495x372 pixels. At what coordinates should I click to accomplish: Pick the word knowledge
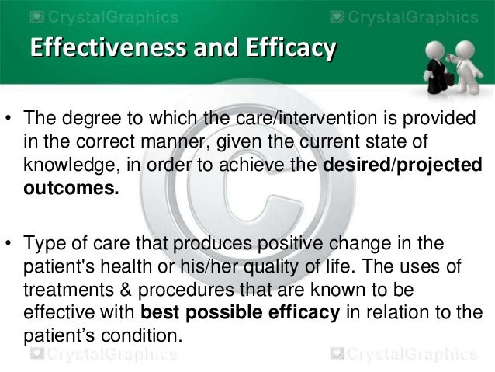click(63, 165)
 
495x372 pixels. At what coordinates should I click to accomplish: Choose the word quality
click(352, 267)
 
